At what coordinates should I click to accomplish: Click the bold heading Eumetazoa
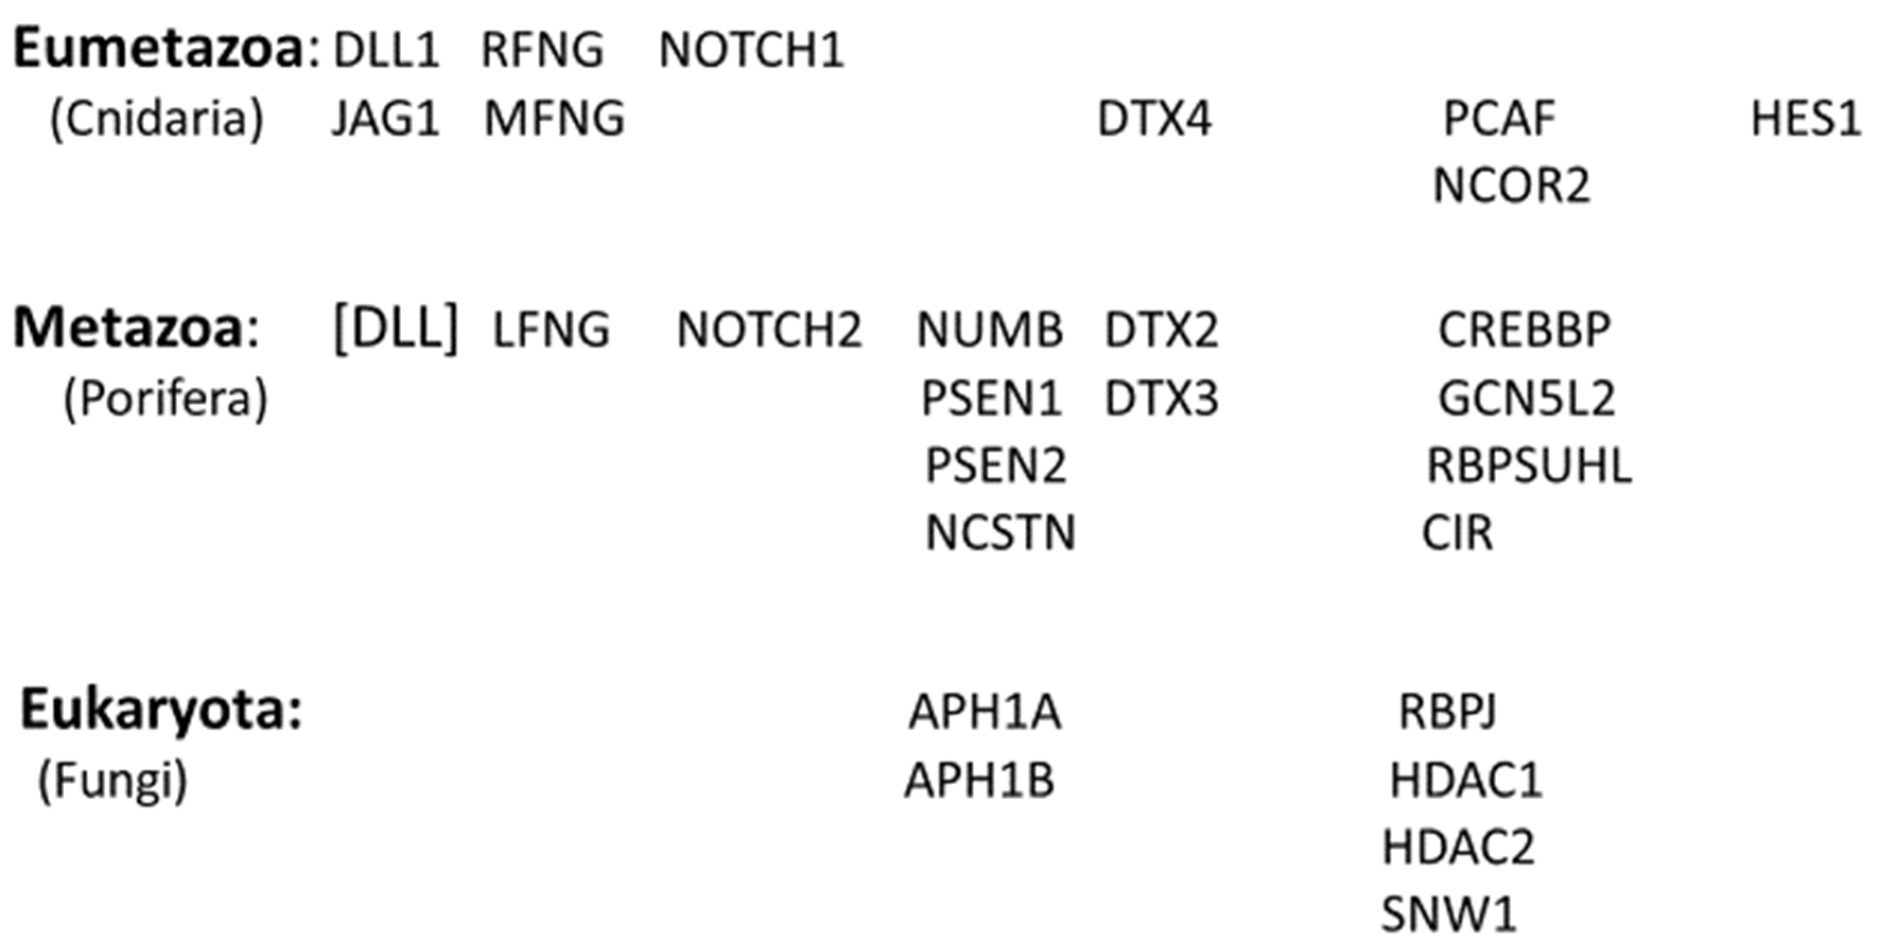coord(158,49)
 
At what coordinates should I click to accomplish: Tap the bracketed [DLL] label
coord(396,329)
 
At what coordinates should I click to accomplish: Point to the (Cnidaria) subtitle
coord(156,119)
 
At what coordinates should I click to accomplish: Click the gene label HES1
coord(1805,119)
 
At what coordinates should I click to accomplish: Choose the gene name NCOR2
coord(1511,186)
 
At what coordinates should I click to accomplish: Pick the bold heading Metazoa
coord(127,329)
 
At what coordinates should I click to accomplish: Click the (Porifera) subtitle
coord(165,399)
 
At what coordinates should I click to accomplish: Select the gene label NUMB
coord(990,330)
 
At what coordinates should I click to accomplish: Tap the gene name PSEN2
coord(996,466)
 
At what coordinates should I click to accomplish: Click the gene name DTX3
coord(1161,399)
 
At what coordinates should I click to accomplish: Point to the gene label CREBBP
coord(1524,330)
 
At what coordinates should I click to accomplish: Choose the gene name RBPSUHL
coord(1529,466)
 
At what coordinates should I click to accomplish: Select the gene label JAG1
coord(386,119)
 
